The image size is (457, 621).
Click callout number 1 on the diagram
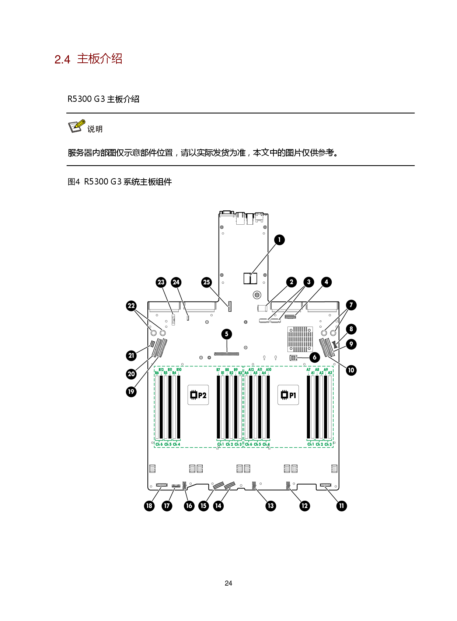point(279,240)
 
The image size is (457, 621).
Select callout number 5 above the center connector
point(227,334)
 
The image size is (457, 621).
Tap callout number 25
point(206,282)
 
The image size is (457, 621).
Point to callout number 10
point(351,370)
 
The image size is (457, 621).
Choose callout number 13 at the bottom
point(271,506)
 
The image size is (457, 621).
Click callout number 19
point(131,392)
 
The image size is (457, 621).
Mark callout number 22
point(131,306)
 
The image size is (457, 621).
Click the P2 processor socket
point(198,395)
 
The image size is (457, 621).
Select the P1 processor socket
point(288,395)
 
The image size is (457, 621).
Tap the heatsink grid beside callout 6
point(300,339)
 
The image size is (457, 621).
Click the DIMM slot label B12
point(161,370)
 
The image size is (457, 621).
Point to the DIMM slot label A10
point(269,370)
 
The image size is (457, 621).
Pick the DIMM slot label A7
point(308,370)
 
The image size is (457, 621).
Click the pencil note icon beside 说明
point(76,126)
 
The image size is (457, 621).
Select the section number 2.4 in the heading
point(62,59)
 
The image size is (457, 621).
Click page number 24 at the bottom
point(228,583)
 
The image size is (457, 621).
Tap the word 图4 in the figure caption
point(74,182)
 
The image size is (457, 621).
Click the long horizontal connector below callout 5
point(227,354)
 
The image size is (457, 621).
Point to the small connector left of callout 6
point(293,358)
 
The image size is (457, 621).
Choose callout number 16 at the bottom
point(189,506)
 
